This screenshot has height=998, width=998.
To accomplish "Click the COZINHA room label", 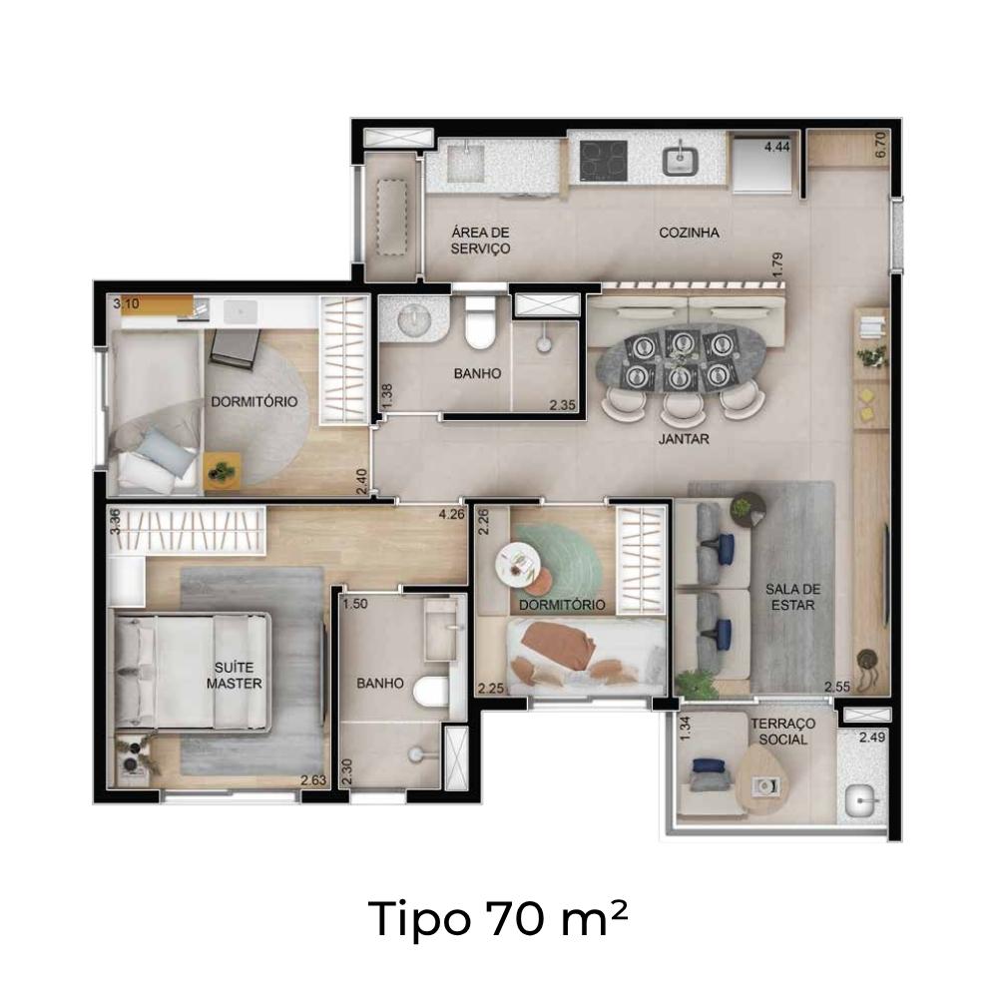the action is point(689,233).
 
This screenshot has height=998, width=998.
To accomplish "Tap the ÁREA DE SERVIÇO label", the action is point(481,240).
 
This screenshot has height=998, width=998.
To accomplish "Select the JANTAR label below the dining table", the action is point(684,438).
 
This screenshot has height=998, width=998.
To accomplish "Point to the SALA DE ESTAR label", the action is point(792,597).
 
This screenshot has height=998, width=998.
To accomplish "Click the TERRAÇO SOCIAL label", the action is point(782,732).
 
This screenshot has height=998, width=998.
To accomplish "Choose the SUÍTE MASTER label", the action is point(235,676).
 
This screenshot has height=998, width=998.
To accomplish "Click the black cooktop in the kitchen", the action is point(604,160).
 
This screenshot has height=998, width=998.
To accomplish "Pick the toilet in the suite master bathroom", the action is point(431,692).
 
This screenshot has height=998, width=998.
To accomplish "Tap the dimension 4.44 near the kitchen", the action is point(776,147).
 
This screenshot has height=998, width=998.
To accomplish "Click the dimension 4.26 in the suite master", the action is point(451,514).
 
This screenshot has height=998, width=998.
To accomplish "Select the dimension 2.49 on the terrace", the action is point(872,738).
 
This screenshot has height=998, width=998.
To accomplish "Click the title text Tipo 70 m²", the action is point(498,918).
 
